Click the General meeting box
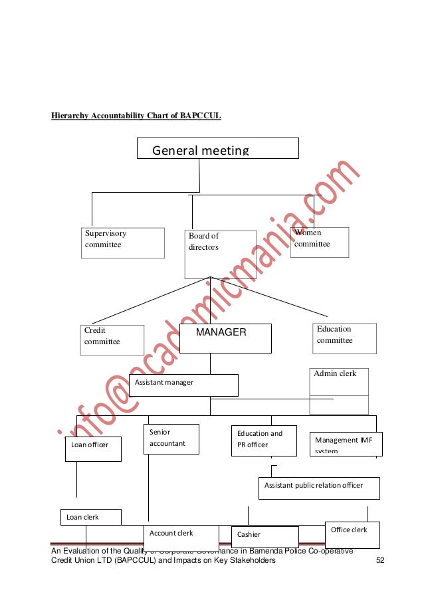[217, 148]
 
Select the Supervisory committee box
[123, 243]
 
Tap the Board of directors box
[220, 254]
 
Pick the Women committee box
[319, 242]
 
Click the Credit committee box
[113, 340]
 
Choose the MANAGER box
[225, 338]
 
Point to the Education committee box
[344, 338]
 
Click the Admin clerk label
[336, 373]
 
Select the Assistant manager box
[183, 385]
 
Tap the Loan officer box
[93, 449]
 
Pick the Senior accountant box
[171, 439]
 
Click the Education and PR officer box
[263, 441]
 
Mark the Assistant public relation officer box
[318, 487]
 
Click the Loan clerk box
[91, 517]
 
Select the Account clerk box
[181, 538]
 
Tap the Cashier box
[265, 537]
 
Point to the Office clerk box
[352, 534]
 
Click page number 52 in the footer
[380, 560]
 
